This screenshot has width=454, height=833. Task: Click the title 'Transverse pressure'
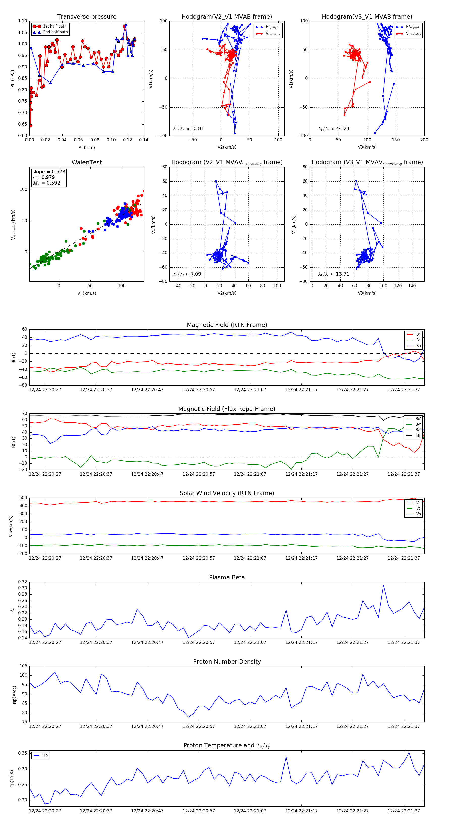[87, 17]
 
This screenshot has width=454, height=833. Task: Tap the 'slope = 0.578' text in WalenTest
[48, 172]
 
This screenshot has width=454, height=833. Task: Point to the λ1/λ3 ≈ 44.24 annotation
[333, 129]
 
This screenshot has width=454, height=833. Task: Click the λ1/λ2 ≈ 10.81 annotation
[188, 129]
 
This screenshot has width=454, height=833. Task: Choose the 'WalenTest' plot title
[87, 162]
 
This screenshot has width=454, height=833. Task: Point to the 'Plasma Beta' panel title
[227, 577]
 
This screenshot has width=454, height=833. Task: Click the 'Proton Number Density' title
[227, 662]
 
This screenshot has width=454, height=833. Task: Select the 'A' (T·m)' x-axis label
[87, 147]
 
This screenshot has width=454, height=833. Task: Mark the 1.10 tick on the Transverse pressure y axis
[23, 21]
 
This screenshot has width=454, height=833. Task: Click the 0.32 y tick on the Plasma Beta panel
[23, 582]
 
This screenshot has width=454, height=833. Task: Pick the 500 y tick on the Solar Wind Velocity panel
[23, 498]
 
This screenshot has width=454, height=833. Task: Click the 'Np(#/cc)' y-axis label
[14, 695]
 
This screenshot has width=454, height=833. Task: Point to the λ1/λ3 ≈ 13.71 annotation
[333, 274]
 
